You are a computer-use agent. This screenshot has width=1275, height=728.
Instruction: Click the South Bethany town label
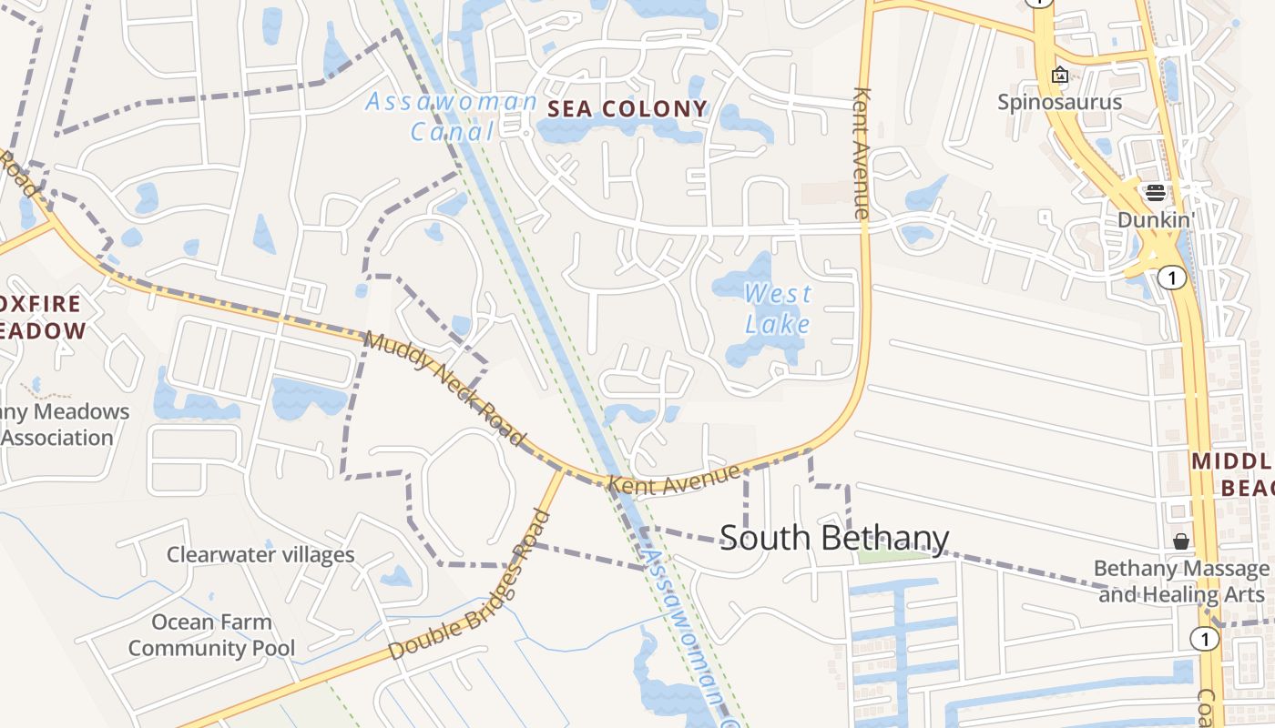point(834,538)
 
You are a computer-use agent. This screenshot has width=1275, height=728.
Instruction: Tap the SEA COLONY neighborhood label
point(627,109)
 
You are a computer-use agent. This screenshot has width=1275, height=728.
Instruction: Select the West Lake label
point(778,308)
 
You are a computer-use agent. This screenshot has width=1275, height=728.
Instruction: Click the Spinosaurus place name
point(1059,101)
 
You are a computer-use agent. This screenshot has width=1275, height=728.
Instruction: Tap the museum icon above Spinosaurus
point(1059,75)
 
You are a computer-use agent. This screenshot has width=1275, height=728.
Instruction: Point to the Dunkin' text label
point(1156,219)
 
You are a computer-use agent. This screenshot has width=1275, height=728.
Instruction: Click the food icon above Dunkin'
point(1156,192)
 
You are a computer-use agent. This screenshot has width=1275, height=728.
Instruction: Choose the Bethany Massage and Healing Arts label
point(1181,581)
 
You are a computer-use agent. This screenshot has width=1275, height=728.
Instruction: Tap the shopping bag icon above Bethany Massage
point(1181,541)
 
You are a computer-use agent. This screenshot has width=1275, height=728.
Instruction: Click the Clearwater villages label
point(260,554)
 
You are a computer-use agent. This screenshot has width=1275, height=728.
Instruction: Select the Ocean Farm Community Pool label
point(211,635)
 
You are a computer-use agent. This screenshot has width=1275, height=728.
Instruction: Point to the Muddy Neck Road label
point(445,389)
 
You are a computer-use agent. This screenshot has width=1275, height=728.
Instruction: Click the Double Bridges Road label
point(469,587)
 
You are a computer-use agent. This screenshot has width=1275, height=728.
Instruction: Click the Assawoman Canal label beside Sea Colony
point(451,116)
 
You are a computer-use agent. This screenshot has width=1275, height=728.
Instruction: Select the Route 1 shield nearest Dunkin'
point(1172,278)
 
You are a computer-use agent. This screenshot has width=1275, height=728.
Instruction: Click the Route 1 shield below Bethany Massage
point(1205,639)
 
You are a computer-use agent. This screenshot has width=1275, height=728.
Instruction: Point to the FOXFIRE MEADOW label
point(41,317)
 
